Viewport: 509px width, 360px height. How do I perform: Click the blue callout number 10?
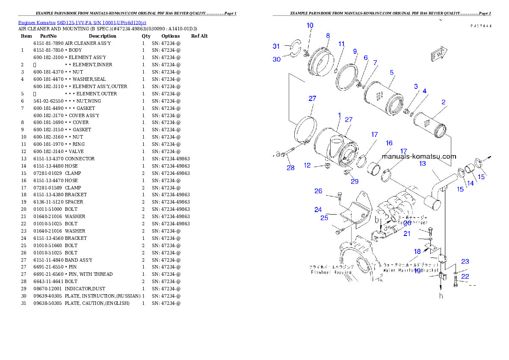310,26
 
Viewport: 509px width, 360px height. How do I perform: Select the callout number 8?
328,35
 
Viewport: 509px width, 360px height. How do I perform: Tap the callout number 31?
276,46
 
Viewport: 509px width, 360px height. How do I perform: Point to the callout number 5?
392,72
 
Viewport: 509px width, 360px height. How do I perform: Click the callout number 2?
444,102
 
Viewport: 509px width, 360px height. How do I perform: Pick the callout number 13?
423,163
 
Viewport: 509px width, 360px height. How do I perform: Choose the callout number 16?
389,143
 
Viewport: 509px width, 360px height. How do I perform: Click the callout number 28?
290,168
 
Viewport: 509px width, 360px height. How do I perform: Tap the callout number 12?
308,165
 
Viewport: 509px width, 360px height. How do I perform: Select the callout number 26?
318,191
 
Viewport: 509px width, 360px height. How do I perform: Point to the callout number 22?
465,276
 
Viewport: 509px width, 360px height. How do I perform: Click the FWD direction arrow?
438,55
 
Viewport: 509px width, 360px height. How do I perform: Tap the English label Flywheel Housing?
331,272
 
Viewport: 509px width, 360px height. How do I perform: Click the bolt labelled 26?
339,197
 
